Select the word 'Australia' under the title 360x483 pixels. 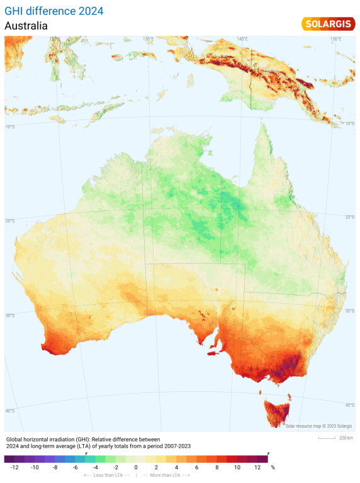[x=26, y=26]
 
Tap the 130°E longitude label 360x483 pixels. [x=148, y=39]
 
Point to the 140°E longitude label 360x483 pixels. [x=242, y=39]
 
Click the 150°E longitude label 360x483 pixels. [x=335, y=39]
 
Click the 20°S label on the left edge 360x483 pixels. [x=10, y=220]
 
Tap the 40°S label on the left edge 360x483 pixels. [x=10, y=411]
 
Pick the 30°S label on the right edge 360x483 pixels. [x=349, y=311]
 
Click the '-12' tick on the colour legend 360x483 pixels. [x=14, y=468]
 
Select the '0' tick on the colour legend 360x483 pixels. [x=136, y=468]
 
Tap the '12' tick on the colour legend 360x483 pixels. [x=257, y=468]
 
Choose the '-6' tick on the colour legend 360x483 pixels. [x=75, y=468]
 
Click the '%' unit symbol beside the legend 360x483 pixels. [x=273, y=468]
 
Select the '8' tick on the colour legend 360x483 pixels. [x=217, y=468]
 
